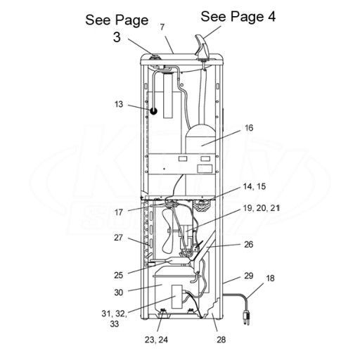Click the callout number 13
119,104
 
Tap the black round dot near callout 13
153,111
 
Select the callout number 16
249,128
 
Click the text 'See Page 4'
238,16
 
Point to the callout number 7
162,27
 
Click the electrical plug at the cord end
246,317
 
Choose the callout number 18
270,278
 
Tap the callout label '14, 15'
255,186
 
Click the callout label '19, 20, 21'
262,208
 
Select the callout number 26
249,245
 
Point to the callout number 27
119,238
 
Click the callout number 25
119,275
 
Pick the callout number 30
119,292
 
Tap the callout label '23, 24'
156,340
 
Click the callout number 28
221,340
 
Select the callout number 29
249,276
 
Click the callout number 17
119,212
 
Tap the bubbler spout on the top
202,47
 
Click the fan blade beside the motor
168,231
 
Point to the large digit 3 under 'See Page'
117,37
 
